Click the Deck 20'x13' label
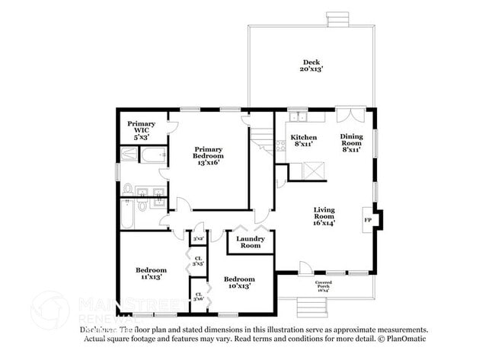pos(311,65)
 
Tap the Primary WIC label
pos(141,130)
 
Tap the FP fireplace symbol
pos(368,219)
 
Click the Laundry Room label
pos(251,241)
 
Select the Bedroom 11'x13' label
pos(151,273)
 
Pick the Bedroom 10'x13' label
pos(238,282)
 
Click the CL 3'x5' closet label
pos(197,260)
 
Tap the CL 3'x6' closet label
pos(197,296)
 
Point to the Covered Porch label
pos(323,286)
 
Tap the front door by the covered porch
pos(305,268)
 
